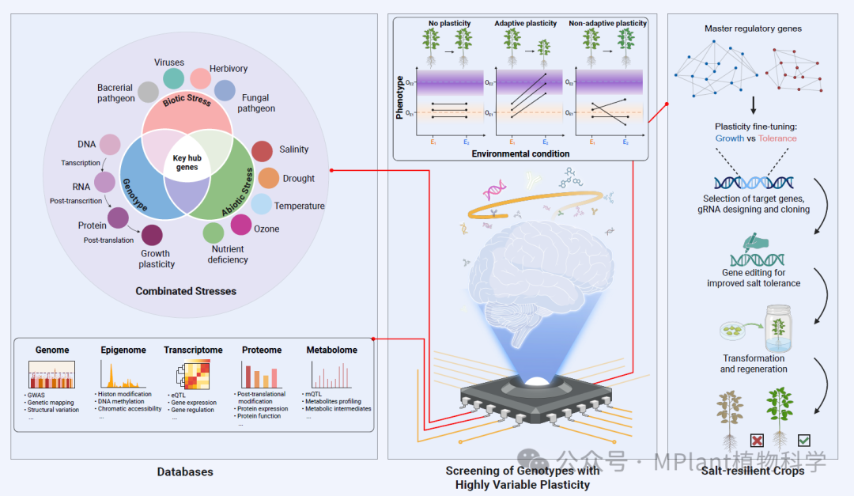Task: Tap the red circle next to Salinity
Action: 262,151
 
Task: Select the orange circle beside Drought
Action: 269,178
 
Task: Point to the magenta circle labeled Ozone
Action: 241,225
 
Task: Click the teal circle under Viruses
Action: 173,78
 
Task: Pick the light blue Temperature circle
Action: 261,204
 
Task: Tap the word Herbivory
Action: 229,69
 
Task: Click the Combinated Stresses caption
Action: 186,291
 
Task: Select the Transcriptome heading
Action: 193,350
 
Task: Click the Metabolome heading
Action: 331,350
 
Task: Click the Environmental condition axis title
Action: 520,153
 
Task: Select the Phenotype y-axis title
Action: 399,97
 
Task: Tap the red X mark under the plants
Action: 757,440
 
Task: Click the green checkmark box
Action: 803,440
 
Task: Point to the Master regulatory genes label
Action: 753,29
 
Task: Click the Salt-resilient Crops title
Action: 752,471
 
